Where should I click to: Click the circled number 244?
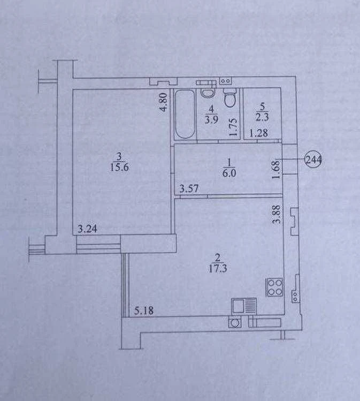[313, 160]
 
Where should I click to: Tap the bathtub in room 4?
[185, 114]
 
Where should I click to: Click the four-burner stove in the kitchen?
[274, 287]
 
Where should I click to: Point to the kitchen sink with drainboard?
[244, 306]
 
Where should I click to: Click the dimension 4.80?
[164, 102]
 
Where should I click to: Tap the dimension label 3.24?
[87, 229]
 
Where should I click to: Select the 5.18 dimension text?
[144, 311]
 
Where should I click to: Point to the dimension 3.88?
[277, 215]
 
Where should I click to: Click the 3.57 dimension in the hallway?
[189, 189]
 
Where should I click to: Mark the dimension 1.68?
[276, 169]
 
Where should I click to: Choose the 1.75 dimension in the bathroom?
[233, 127]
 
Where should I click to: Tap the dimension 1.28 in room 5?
[258, 133]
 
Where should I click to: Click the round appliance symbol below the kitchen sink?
[234, 322]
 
